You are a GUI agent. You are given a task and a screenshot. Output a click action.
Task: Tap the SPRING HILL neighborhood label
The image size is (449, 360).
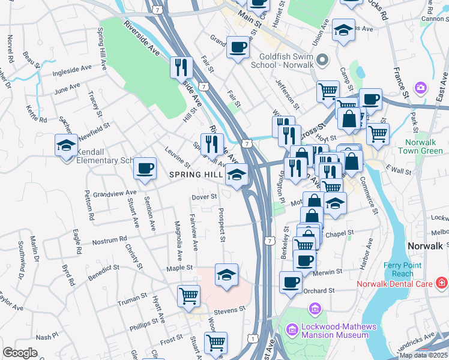195,175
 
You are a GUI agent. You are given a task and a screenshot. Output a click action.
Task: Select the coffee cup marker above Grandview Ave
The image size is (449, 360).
144,169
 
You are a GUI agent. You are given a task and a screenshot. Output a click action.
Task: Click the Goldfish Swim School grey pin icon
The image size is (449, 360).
322,59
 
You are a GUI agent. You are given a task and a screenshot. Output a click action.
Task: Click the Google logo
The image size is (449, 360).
20,353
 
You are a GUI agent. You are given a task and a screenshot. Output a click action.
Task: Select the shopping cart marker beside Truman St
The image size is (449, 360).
188,296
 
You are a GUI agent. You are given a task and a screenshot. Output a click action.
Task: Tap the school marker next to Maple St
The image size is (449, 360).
226,275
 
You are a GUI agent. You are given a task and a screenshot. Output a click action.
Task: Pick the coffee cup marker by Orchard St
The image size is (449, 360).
291,282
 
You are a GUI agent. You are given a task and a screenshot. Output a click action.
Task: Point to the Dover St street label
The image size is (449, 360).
203,196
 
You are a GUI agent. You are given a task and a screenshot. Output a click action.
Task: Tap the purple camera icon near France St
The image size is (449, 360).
421,88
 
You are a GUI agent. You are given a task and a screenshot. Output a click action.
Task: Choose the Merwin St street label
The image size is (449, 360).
328,272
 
